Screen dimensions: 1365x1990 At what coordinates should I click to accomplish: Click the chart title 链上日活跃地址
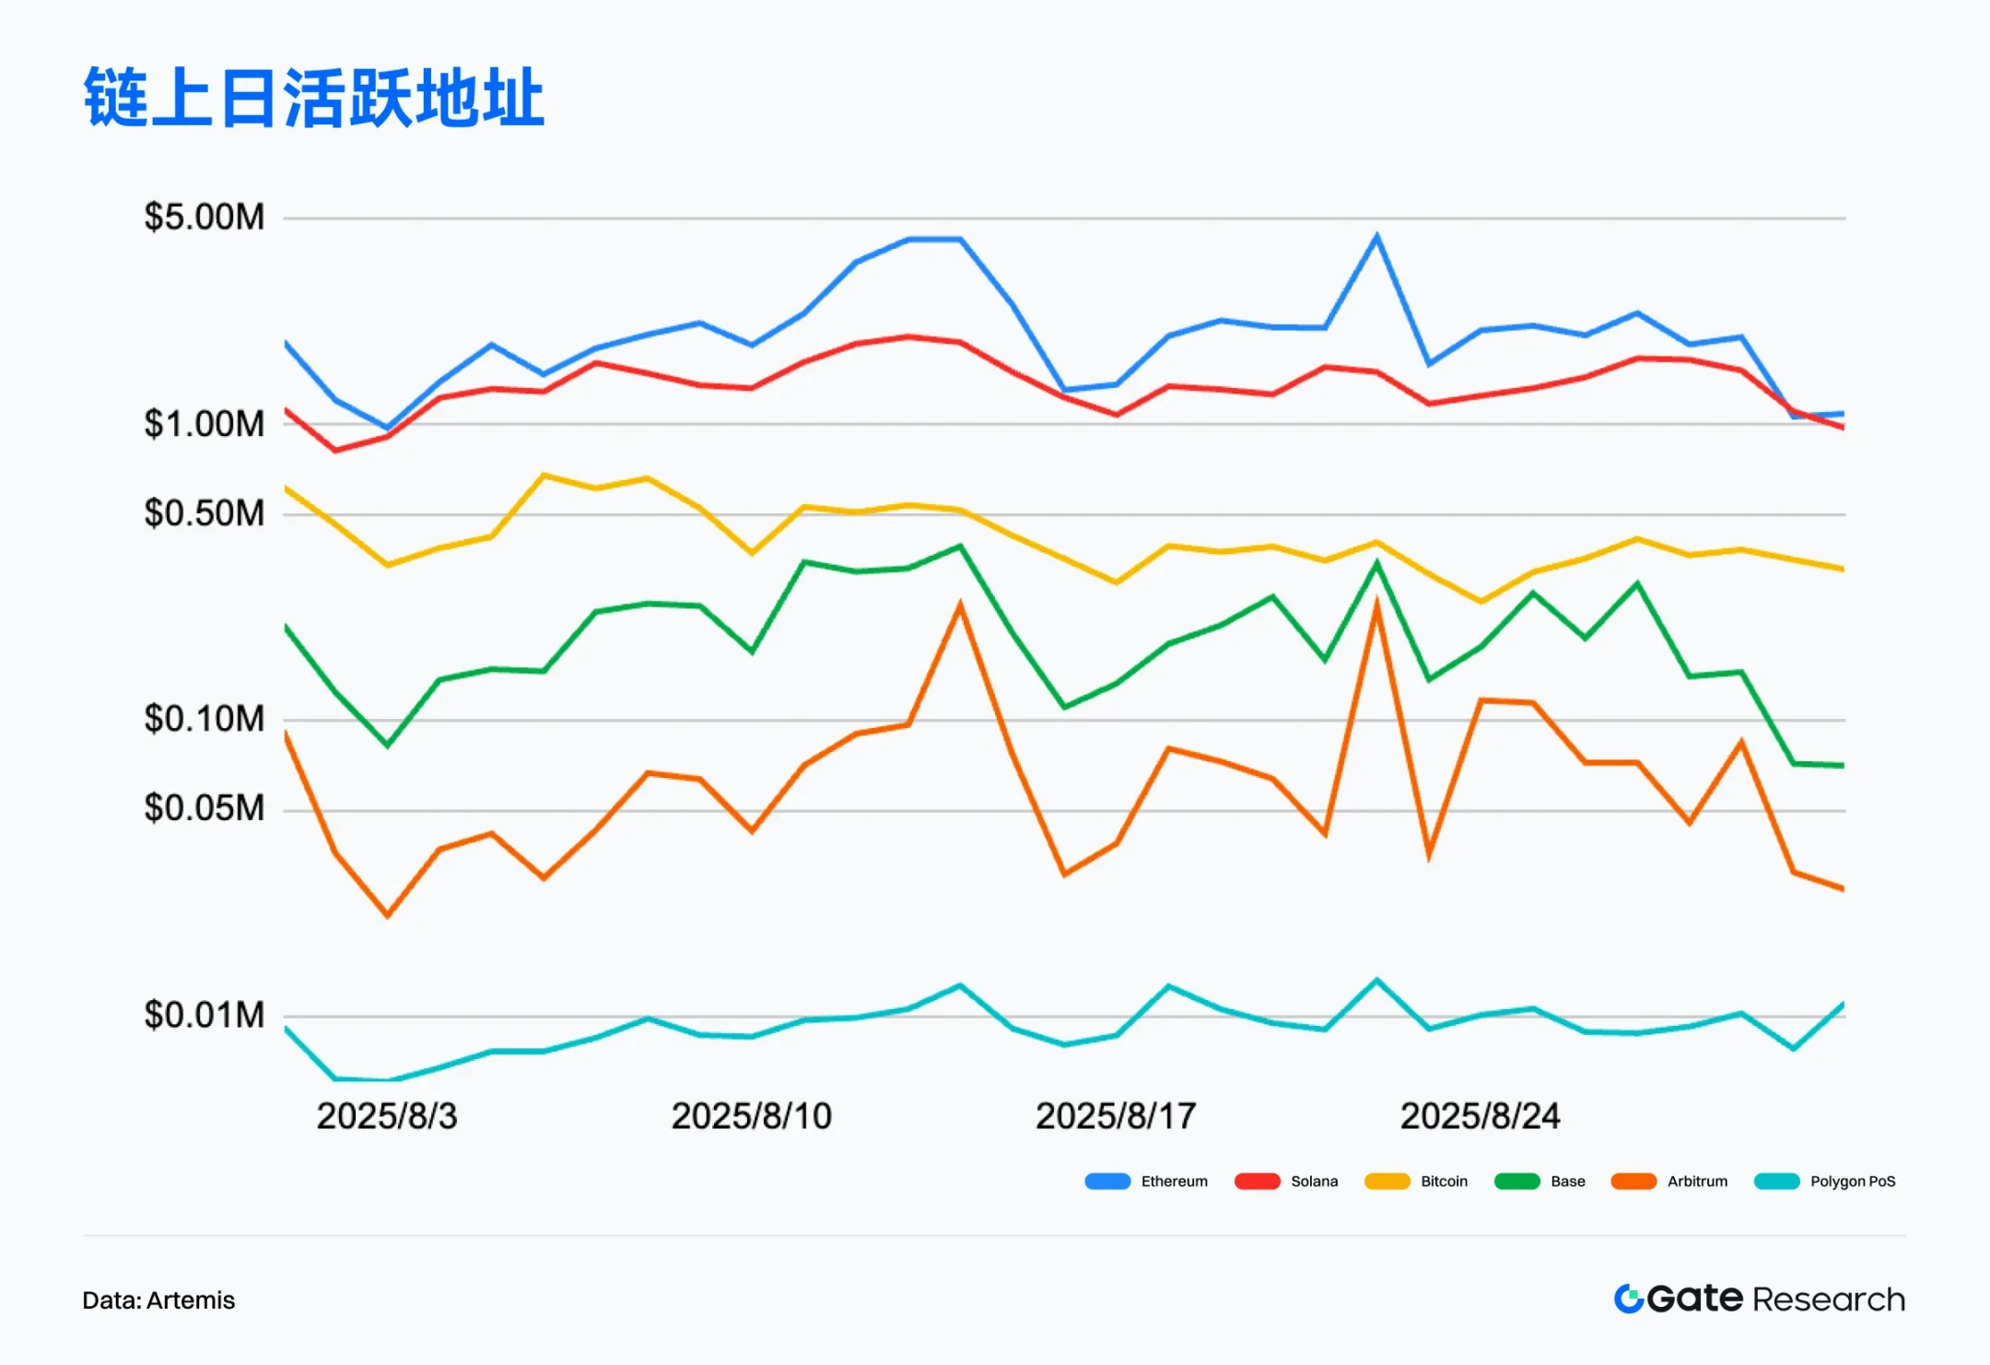click(313, 97)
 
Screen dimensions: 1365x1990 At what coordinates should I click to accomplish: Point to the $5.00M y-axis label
click(204, 218)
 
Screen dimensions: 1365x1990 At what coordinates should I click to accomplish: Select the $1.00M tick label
click(204, 424)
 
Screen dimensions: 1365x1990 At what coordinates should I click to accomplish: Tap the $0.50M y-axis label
click(204, 513)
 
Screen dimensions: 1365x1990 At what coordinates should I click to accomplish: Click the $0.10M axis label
click(204, 719)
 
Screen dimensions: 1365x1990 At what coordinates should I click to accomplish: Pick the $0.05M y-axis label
click(204, 808)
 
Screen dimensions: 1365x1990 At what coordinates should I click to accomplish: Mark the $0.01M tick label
click(204, 1015)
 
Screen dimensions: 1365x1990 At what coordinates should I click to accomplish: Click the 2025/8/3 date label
click(387, 1116)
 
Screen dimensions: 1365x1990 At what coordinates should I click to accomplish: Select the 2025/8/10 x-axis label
click(751, 1116)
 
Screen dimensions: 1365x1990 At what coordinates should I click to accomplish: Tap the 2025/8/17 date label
click(1116, 1116)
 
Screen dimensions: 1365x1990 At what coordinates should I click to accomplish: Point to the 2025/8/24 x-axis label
click(1480, 1116)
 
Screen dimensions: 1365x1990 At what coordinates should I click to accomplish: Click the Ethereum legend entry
click(1147, 1182)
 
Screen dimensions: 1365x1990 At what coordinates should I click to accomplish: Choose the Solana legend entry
click(1287, 1182)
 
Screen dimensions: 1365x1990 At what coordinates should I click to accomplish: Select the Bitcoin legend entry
click(1417, 1182)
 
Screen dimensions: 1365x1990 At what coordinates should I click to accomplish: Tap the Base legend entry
click(1540, 1182)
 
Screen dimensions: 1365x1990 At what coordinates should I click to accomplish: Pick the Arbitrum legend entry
click(1670, 1182)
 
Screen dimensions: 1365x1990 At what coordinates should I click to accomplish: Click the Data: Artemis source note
click(158, 1300)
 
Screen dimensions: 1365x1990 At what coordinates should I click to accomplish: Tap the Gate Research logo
click(1760, 1299)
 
